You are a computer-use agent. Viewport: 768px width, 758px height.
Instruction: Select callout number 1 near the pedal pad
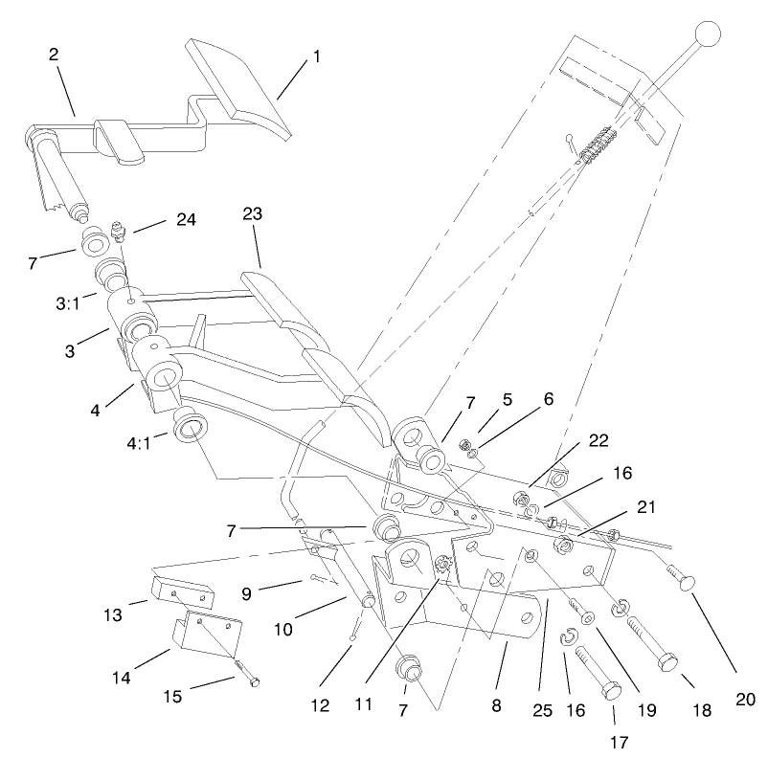tap(316, 56)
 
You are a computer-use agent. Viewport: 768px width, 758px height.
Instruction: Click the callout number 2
tap(55, 55)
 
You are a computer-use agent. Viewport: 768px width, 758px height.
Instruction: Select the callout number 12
tap(319, 706)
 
